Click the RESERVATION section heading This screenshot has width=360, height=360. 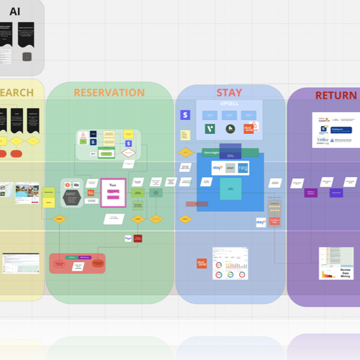tap(109, 93)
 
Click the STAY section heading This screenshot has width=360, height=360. tap(229, 93)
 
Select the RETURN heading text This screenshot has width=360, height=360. tap(336, 95)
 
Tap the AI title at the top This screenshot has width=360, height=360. tap(15, 11)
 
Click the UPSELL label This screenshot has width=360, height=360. tap(229, 104)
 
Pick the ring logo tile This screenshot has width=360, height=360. tap(243, 168)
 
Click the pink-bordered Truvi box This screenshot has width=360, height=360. tap(113, 193)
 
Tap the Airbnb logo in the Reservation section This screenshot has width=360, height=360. tap(83, 138)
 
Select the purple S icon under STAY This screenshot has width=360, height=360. tap(185, 115)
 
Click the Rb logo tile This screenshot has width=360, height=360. tap(76, 185)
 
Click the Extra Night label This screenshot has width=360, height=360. tap(211, 152)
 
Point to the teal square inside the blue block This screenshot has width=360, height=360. tap(230, 188)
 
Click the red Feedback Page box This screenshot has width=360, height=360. tap(274, 221)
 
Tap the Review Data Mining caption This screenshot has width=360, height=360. tap(345, 272)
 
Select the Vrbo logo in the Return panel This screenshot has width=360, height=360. tap(322, 139)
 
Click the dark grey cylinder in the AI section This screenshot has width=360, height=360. tap(27, 57)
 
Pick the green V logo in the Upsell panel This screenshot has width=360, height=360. tap(210, 129)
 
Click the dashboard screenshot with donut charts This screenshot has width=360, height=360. tap(230, 264)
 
